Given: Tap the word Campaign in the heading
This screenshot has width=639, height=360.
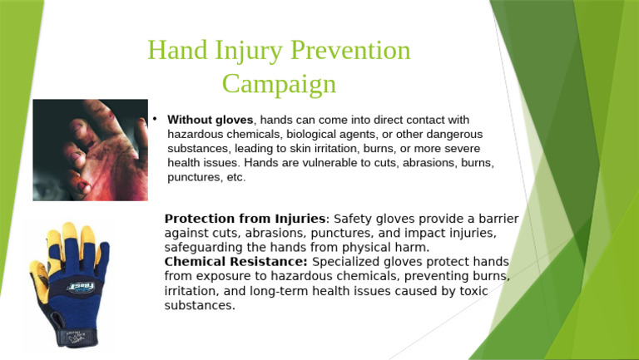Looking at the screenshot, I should (279, 84).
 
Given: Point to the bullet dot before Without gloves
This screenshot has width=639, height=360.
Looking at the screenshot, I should (155, 118).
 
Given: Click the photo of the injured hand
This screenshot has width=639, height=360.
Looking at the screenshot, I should (90, 150).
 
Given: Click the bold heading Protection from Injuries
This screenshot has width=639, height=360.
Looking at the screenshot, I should (245, 219).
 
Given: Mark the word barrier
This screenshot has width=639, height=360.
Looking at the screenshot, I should (497, 219).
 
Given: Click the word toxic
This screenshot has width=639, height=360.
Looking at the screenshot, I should (473, 291).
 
